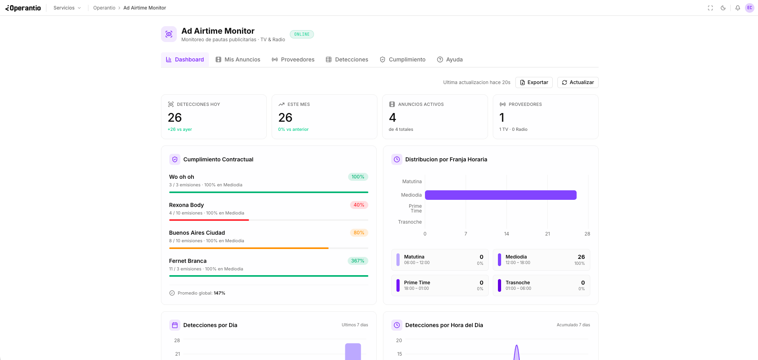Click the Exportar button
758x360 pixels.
[534, 82]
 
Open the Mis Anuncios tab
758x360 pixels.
[238, 59]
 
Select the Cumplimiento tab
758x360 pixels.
[402, 59]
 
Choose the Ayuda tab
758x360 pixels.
[450, 59]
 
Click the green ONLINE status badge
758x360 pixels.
[302, 34]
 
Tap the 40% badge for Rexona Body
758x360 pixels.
[359, 205]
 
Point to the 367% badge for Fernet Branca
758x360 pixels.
[358, 261]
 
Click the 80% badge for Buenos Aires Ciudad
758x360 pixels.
[359, 233]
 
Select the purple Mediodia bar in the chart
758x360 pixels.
[500, 195]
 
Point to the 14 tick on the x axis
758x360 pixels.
[506, 234]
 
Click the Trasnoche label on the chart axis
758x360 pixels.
[410, 222]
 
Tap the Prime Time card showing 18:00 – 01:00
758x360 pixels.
[440, 285]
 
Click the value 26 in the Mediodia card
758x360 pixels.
[581, 257]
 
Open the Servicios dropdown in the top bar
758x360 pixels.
[67, 8]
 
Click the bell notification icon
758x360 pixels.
[737, 8]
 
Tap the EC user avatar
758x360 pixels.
[749, 8]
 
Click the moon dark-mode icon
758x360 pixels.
[723, 8]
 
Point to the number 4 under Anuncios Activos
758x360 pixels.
[392, 118]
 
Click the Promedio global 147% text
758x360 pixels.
[201, 293]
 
